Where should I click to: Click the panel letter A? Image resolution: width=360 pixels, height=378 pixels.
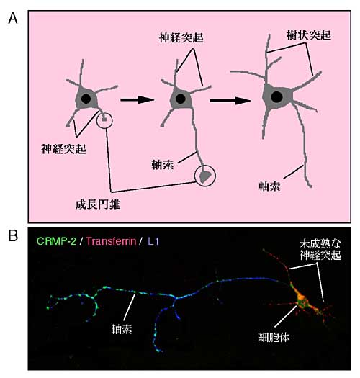(x=13, y=18)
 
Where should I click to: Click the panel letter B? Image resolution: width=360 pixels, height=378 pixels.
(x=13, y=235)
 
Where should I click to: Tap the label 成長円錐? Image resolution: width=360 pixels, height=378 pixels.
(x=98, y=204)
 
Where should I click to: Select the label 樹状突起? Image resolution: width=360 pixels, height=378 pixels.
(x=309, y=36)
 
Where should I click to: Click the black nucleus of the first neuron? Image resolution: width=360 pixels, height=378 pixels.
(x=86, y=99)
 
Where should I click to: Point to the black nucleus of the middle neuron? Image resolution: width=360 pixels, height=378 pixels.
(x=181, y=99)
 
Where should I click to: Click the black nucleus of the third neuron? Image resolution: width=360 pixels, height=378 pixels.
(x=276, y=97)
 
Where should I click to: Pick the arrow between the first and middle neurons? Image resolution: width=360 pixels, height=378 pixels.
(x=138, y=99)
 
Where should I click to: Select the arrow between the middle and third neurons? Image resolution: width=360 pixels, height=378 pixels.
(x=230, y=100)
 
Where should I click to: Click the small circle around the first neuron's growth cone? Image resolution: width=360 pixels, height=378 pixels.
(x=104, y=112)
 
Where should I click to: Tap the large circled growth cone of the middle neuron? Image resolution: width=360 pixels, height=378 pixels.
(x=205, y=166)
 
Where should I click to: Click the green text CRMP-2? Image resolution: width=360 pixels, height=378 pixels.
(x=57, y=241)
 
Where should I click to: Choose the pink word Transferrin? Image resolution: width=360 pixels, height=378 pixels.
(x=111, y=241)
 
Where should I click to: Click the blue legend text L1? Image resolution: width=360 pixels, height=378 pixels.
(x=153, y=241)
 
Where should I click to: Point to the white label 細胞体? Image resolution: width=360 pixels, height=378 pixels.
(x=274, y=337)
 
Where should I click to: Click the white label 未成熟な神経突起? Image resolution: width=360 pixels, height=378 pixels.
(x=320, y=250)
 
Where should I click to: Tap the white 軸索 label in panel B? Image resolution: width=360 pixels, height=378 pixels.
(x=122, y=329)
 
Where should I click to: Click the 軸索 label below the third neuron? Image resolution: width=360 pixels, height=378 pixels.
(x=269, y=186)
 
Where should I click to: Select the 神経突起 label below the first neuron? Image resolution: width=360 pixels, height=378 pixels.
(x=63, y=149)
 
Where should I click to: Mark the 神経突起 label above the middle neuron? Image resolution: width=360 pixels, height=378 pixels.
(x=181, y=38)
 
